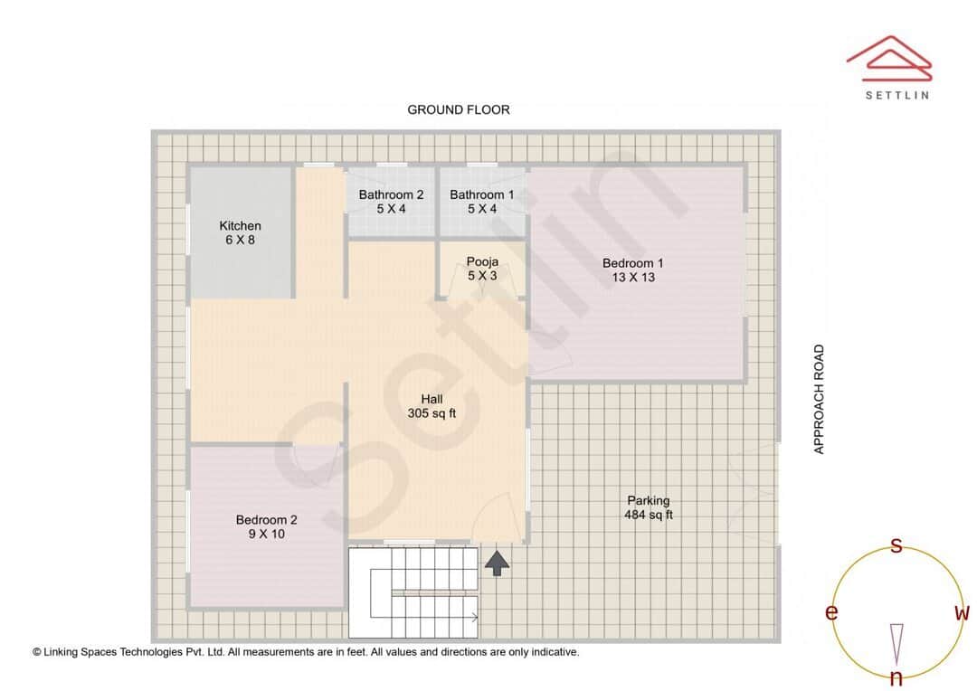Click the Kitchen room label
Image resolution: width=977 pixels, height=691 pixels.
[x=240, y=226]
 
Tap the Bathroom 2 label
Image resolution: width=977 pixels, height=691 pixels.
[x=391, y=194]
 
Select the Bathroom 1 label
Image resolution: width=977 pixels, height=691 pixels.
[x=482, y=194]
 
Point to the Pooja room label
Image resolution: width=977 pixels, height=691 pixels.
[x=482, y=262]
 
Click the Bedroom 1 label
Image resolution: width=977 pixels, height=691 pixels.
[x=633, y=263]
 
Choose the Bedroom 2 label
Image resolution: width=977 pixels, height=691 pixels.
[x=266, y=520]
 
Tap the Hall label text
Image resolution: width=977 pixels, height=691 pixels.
[x=432, y=399]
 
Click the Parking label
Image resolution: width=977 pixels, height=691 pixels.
[x=649, y=500]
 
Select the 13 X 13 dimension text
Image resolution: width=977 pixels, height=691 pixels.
[x=633, y=278]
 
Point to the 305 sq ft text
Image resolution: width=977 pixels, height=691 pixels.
[x=432, y=413]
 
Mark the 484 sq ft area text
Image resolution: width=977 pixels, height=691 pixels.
[x=649, y=515]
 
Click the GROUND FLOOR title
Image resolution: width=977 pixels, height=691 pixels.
[x=459, y=109]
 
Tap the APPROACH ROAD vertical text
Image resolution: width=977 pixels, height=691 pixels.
[x=820, y=399]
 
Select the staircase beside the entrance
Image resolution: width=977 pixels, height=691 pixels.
[x=414, y=592]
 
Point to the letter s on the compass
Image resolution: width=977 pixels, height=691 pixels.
[x=896, y=545]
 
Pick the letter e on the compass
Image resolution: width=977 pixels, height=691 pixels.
[x=830, y=613]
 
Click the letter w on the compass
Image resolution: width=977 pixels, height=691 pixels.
[x=963, y=613]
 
